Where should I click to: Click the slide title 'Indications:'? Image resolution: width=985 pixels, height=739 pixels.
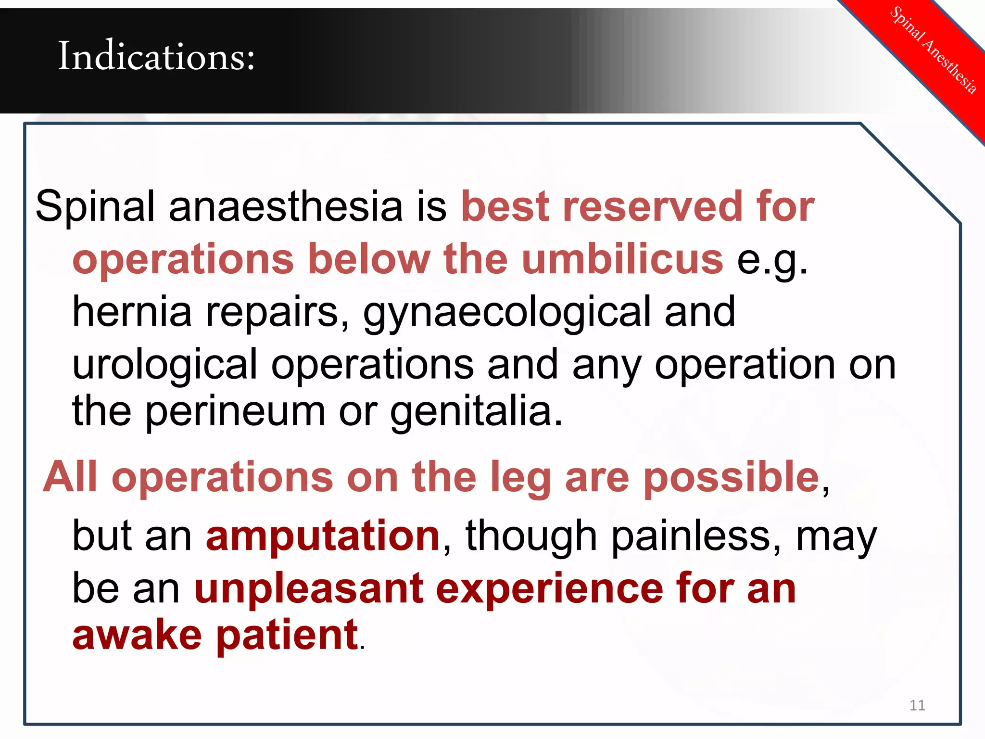point(156,57)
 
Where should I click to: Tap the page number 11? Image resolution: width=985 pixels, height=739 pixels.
point(917,705)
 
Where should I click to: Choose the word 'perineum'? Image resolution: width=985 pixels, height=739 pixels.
point(235,413)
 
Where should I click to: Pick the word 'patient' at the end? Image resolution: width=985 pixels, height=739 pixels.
point(287,636)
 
